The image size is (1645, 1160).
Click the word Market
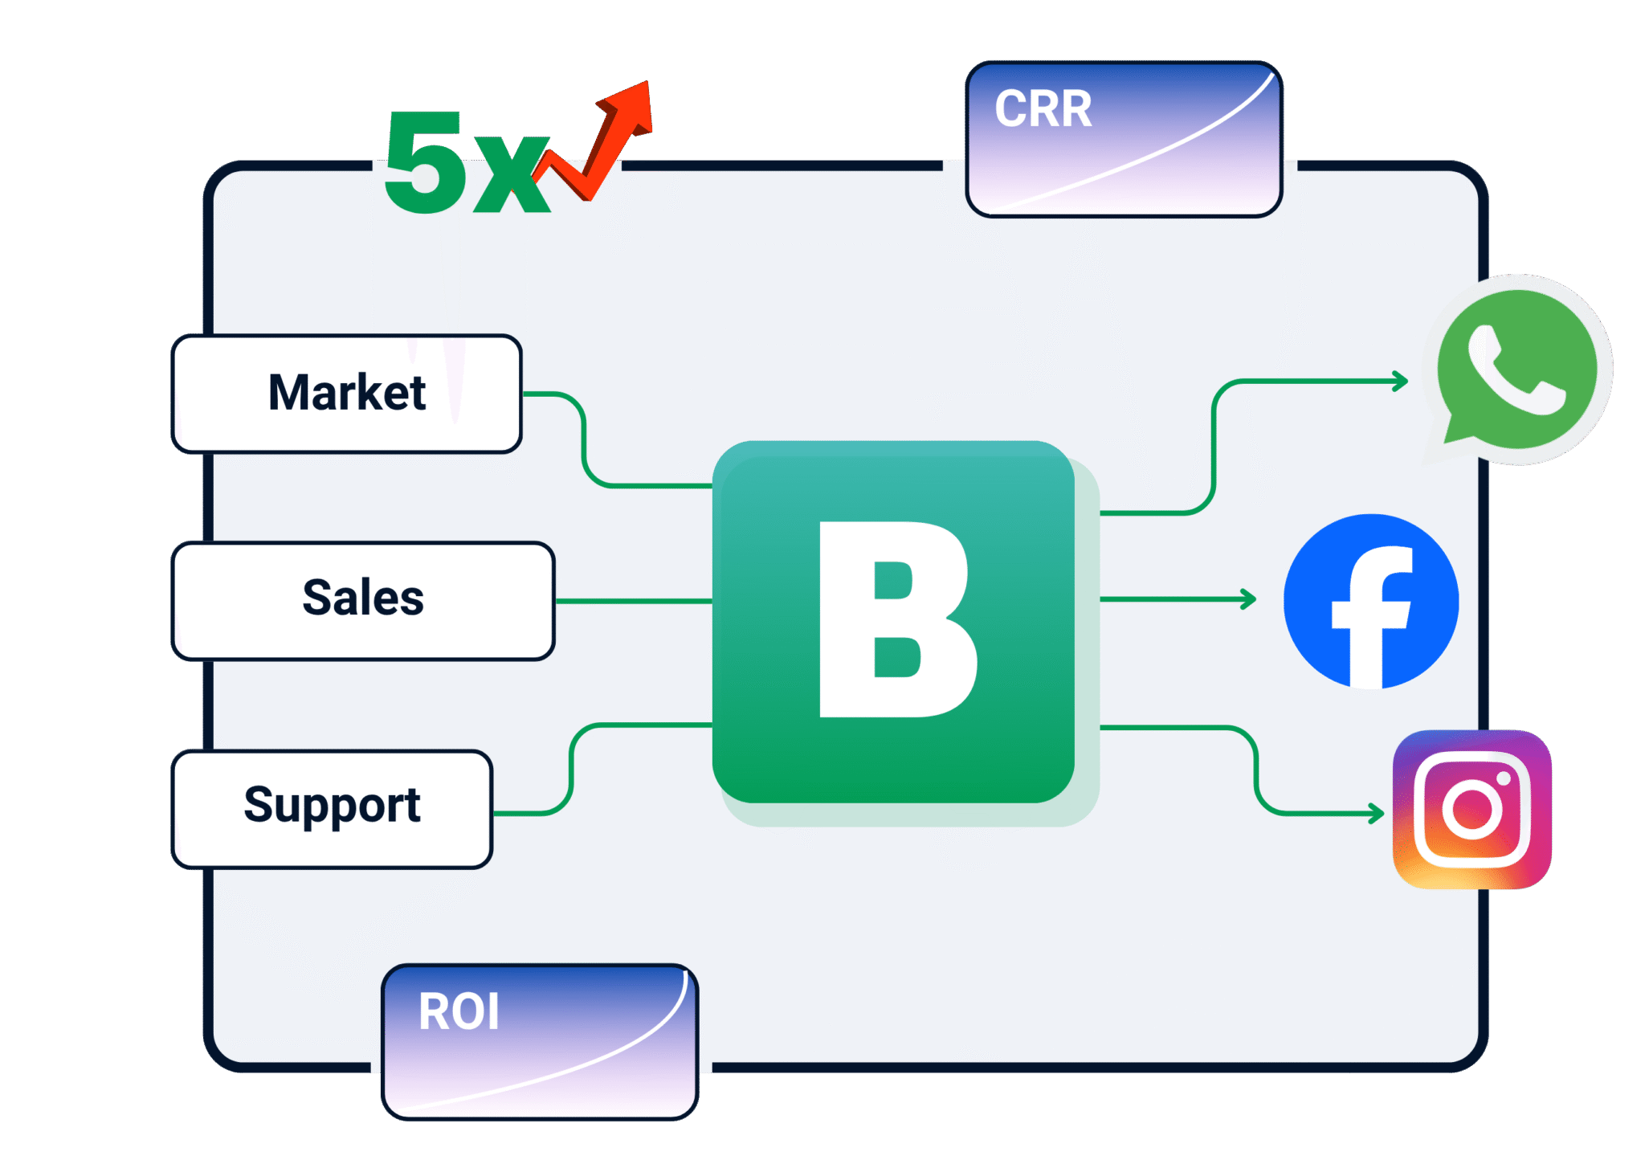pos(347,393)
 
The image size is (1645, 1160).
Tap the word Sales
pos(363,598)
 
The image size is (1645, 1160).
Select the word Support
pos(332,806)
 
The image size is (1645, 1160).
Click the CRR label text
pos(1043,109)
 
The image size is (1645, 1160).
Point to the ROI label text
pos(459,1011)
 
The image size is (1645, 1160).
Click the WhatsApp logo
pos(1516,370)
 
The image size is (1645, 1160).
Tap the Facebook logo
pos(1371,602)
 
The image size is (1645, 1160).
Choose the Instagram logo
pos(1472,809)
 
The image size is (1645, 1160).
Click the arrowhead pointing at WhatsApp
pos(1401,382)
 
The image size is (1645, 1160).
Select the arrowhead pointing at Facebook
pos(1249,599)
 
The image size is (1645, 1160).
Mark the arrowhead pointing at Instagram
pos(1377,814)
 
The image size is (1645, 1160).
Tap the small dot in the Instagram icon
pos(1504,778)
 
